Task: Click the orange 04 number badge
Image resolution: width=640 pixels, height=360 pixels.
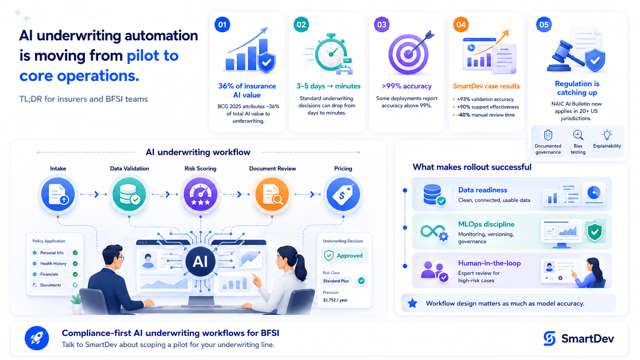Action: (x=461, y=24)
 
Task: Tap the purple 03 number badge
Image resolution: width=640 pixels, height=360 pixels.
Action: (x=382, y=24)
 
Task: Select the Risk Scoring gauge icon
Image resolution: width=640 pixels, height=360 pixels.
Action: (x=201, y=194)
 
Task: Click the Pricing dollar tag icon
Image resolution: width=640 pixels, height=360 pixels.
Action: (x=343, y=194)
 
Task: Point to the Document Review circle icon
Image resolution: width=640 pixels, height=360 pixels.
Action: (x=272, y=194)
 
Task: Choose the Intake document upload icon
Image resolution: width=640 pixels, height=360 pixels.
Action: (x=58, y=194)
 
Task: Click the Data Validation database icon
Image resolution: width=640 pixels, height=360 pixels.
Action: (x=129, y=194)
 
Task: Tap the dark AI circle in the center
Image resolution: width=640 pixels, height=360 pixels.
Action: (x=200, y=261)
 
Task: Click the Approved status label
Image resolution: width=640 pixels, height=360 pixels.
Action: (x=344, y=256)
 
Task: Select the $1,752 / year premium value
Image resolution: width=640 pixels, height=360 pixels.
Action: (x=335, y=300)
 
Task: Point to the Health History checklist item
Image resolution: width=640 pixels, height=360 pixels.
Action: (x=53, y=264)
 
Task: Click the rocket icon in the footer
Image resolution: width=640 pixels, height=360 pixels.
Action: (x=37, y=338)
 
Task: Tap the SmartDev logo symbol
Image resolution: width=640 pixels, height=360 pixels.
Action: (x=550, y=339)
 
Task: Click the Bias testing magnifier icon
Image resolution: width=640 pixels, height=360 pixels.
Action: (x=578, y=135)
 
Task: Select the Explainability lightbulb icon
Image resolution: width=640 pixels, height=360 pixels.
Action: (x=607, y=135)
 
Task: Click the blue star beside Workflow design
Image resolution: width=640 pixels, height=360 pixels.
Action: (x=413, y=303)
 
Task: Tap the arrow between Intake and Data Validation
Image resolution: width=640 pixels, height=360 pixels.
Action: (x=93, y=194)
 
